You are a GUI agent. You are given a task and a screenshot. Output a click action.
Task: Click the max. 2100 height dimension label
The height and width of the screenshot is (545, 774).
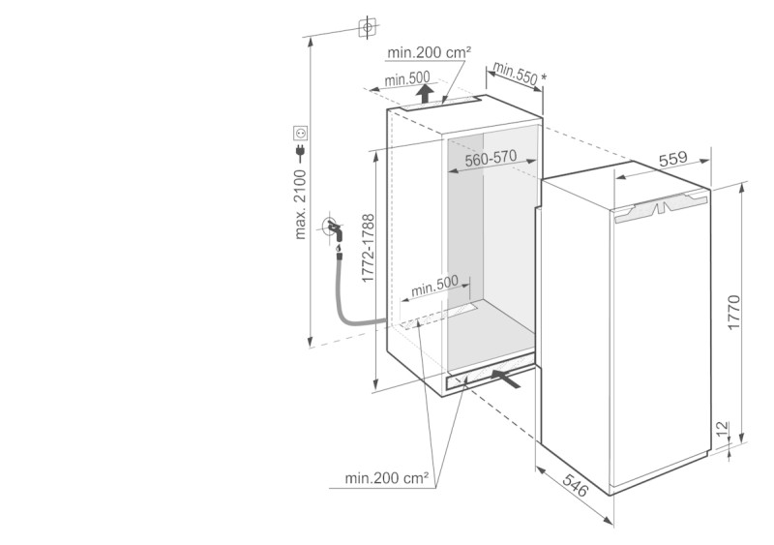pos(300,204)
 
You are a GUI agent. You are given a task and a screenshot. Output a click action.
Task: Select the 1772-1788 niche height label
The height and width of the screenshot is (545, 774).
pos(369,248)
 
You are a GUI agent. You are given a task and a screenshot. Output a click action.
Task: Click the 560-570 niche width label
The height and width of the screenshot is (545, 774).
pos(491,158)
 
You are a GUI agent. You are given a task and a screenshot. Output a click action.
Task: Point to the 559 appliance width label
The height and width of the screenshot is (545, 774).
pos(672,158)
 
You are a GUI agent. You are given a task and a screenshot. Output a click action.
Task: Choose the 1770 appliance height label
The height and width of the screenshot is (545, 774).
pos(734,313)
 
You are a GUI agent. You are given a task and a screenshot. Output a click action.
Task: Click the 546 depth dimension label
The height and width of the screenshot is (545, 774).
pos(576,485)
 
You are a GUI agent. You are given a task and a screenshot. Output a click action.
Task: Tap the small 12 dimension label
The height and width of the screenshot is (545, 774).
pos(722,429)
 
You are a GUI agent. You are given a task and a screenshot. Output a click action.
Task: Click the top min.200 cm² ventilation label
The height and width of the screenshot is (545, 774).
pos(429,52)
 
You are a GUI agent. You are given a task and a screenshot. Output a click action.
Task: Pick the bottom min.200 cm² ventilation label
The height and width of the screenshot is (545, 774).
pos(386,478)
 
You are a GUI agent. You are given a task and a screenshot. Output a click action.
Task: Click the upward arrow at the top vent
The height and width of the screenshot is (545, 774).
pos(425,93)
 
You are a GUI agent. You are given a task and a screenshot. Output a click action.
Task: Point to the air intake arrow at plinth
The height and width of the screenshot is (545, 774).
pos(506,378)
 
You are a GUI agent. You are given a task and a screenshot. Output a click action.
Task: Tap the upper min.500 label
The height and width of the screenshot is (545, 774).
pos(407,78)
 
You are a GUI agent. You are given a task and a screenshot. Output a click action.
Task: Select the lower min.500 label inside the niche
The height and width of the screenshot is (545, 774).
pos(434,286)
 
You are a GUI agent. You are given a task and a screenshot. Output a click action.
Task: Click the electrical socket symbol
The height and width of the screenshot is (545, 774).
pos(301,133)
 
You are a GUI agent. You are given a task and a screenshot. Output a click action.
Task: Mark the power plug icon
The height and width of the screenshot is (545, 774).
pos(300,153)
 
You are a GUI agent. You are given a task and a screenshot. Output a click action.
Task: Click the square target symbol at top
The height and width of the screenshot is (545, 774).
pos(368,28)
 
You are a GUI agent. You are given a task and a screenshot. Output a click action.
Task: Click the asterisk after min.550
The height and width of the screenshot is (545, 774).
pos(544,77)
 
